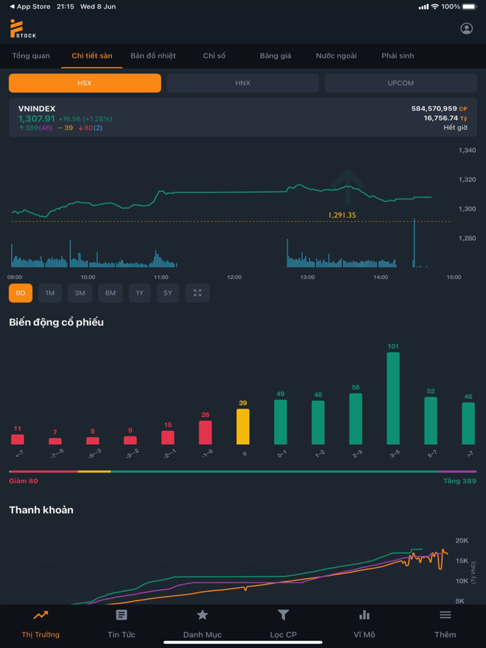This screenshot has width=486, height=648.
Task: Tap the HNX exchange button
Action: click(242, 83)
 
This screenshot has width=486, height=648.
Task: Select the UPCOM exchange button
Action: click(401, 83)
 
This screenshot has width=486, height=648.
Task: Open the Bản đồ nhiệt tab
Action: click(153, 56)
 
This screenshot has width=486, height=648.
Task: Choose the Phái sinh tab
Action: click(398, 56)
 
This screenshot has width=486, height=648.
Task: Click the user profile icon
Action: click(467, 28)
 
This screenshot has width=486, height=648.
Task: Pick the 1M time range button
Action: click(50, 293)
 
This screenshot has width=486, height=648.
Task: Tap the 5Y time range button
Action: click(168, 293)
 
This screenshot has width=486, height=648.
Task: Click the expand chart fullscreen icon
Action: click(198, 293)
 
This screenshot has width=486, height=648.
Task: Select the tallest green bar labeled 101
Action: click(393, 398)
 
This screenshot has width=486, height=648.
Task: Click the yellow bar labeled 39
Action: click(243, 426)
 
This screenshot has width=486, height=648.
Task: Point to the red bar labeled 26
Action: click(206, 432)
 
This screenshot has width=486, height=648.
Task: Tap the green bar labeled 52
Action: click(430, 420)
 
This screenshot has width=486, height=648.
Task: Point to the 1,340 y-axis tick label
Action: click(467, 151)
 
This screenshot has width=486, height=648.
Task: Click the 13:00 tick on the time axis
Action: click(308, 277)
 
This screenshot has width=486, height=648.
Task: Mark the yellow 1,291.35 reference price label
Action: click(342, 215)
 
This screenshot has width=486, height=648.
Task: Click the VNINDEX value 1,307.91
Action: click(37, 119)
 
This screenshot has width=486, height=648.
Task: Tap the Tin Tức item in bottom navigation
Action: click(121, 623)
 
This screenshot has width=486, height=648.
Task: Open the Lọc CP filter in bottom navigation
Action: click(283, 623)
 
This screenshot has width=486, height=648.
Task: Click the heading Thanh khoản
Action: click(41, 510)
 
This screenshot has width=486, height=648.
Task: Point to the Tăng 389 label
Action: click(460, 481)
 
